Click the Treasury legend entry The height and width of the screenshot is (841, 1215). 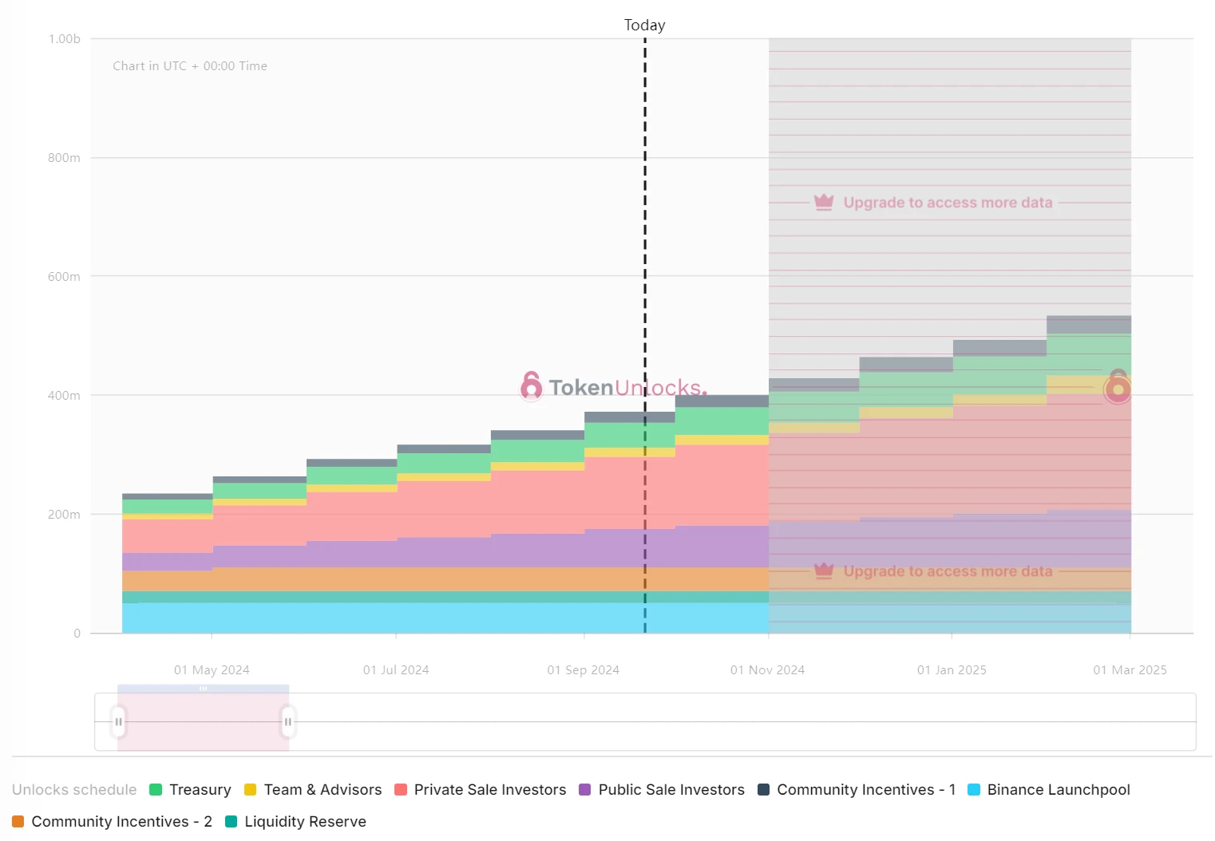click(x=191, y=790)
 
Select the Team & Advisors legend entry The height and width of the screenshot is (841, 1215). click(x=314, y=790)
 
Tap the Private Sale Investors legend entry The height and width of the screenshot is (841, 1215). click(x=481, y=790)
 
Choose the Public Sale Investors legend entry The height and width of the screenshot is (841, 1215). click(x=662, y=790)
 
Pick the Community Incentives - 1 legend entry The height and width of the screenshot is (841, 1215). click(x=857, y=790)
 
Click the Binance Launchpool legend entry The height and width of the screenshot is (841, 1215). click(x=1049, y=790)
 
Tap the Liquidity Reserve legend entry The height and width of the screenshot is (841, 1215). click(x=296, y=822)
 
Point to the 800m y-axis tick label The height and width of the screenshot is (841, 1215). click(x=64, y=158)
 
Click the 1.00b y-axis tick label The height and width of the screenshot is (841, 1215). click(x=65, y=39)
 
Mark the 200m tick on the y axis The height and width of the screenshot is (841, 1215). click(x=64, y=515)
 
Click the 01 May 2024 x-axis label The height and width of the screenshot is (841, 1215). click(x=212, y=670)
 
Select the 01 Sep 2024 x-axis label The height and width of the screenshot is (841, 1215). click(x=583, y=670)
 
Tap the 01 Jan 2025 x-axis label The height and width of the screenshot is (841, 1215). click(x=952, y=670)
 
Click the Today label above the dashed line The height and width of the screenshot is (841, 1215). click(x=644, y=26)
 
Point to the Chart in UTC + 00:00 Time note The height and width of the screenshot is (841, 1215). click(x=190, y=66)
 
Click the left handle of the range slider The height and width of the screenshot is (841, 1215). click(x=119, y=722)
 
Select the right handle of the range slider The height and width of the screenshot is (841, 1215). click(x=288, y=722)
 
